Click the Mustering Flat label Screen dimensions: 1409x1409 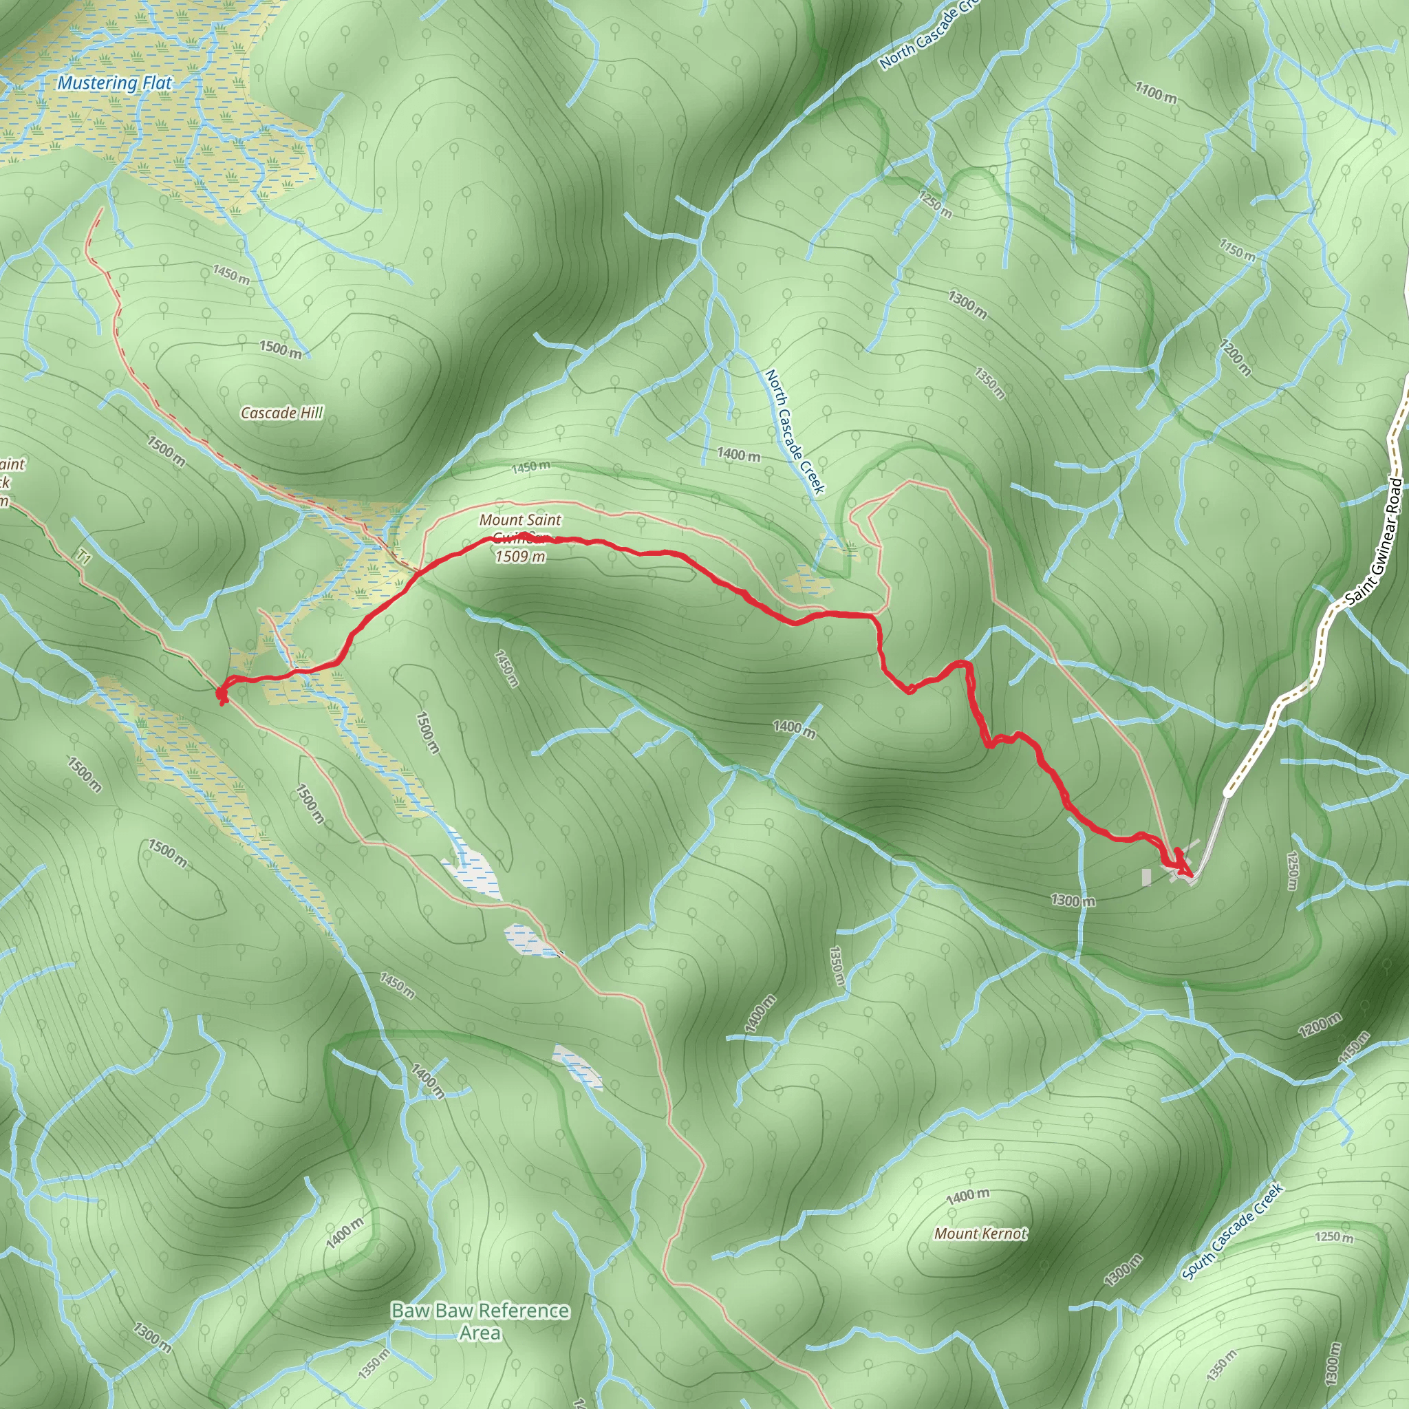click(114, 83)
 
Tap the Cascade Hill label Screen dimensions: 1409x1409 click(281, 413)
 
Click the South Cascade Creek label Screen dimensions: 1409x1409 click(1231, 1231)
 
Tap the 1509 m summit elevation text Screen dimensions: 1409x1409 click(520, 557)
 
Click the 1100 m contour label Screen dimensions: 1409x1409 click(1156, 93)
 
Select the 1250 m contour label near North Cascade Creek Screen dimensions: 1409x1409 click(934, 204)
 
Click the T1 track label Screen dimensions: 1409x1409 click(85, 559)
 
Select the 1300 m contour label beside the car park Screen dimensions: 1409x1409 click(1073, 901)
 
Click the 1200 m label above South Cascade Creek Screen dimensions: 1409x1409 click(1320, 1024)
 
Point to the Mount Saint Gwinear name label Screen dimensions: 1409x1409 click(520, 520)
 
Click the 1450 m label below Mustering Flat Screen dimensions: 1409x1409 click(230, 275)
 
